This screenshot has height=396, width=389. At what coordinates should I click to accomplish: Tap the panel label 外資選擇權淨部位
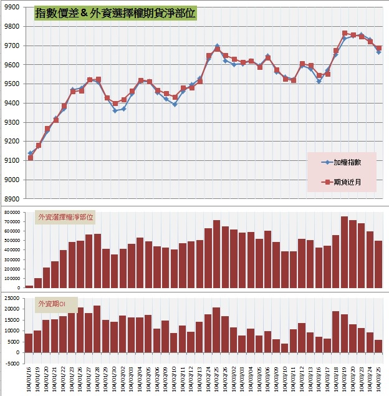(x=66, y=217)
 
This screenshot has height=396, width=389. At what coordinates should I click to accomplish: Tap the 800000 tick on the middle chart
(x=11, y=213)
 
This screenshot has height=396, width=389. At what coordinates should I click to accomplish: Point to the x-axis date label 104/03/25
(x=378, y=378)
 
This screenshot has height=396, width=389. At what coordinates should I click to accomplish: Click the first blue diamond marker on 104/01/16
(x=30, y=153)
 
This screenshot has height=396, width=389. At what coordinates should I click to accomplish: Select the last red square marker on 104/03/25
(x=378, y=48)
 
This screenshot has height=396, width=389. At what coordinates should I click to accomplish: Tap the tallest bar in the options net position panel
(x=344, y=252)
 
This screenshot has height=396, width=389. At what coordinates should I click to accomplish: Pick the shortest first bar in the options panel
(x=29, y=286)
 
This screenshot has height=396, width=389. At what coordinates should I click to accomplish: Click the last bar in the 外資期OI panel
(x=378, y=346)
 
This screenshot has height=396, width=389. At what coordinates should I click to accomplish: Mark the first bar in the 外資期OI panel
(x=29, y=343)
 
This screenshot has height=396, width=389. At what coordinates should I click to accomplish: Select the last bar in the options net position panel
(x=378, y=264)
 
